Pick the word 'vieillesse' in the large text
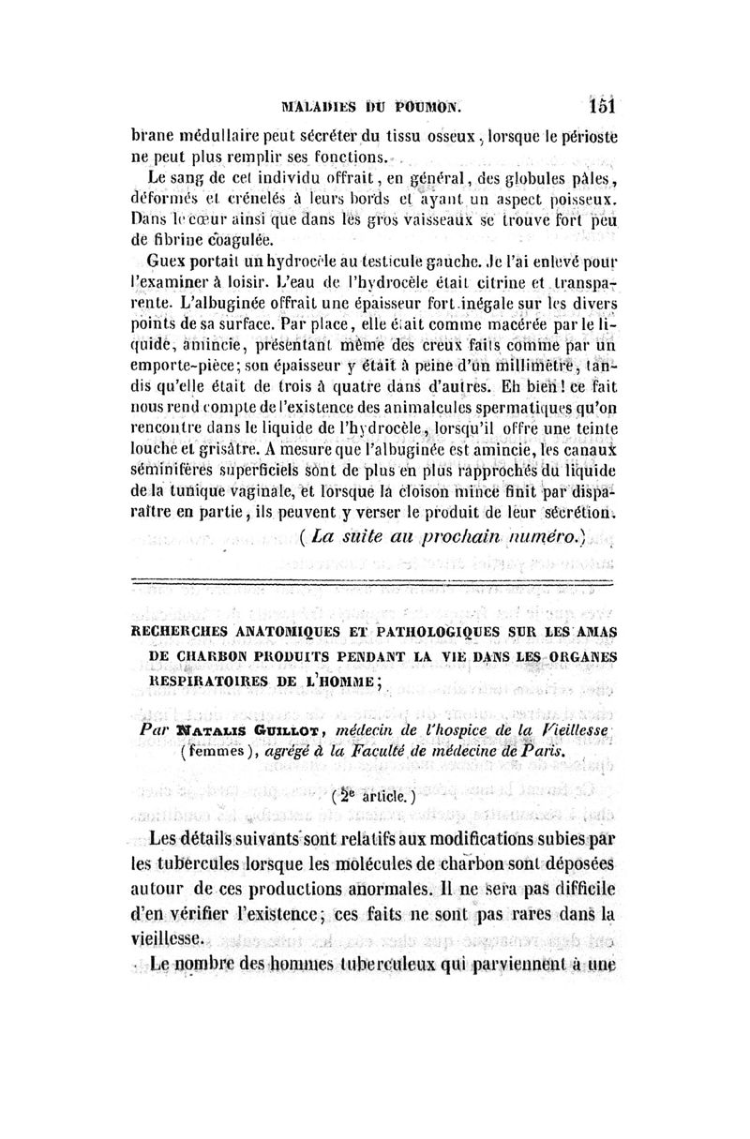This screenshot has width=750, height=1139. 173,936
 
